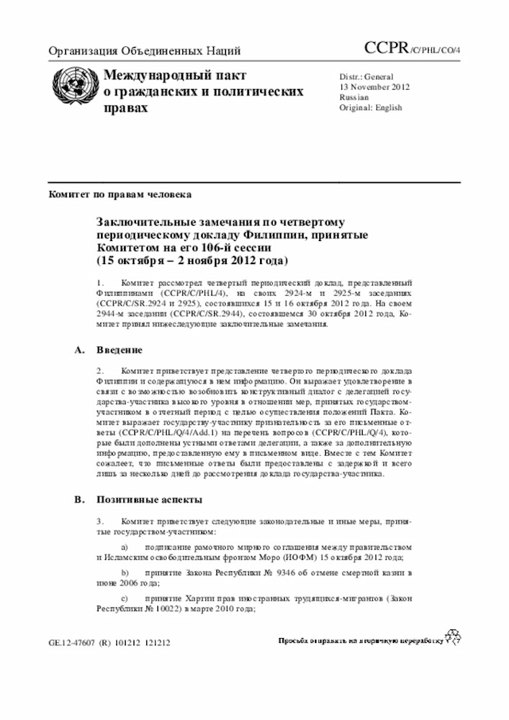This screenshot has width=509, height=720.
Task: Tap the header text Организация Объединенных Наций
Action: click(x=145, y=52)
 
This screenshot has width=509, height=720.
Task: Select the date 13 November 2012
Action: click(x=374, y=87)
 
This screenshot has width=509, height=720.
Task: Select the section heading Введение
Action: click(x=119, y=349)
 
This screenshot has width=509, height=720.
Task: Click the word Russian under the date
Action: click(x=354, y=97)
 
